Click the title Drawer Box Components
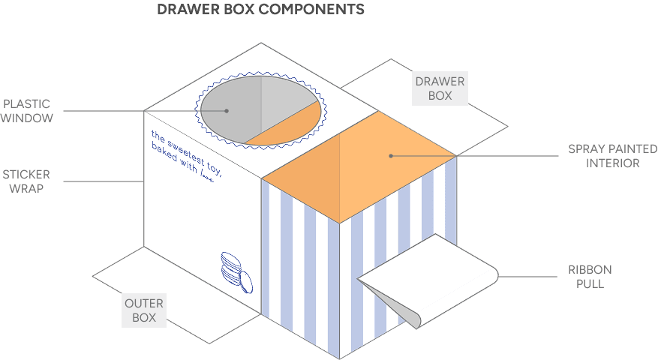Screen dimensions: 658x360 pyautogui.click(x=260, y=10)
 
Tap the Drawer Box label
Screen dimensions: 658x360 pyautogui.click(x=440, y=88)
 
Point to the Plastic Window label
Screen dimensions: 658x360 pyautogui.click(x=27, y=111)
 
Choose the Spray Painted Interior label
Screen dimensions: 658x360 pyautogui.click(x=612, y=156)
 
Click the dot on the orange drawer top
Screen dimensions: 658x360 pyautogui.click(x=391, y=156)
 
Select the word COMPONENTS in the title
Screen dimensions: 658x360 pyautogui.click(x=319, y=10)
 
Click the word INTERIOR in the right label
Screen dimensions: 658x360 pyautogui.click(x=612, y=163)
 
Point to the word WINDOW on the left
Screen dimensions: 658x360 pyautogui.click(x=27, y=118)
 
